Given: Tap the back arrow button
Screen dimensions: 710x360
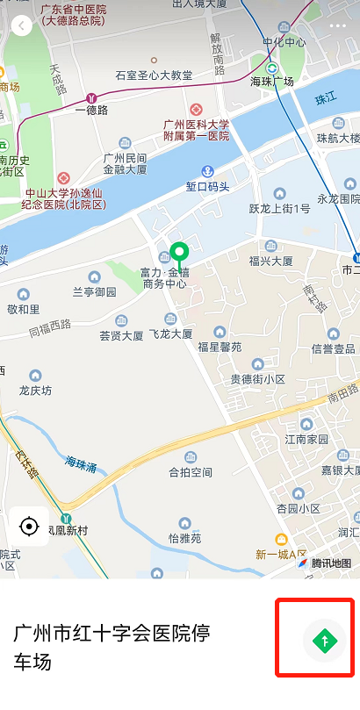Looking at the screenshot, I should click(21, 25).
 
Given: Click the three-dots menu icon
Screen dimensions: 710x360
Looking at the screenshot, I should click(338, 25).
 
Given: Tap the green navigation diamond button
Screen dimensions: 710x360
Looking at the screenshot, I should click(324, 640).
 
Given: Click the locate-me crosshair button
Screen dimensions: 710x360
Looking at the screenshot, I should click(29, 527).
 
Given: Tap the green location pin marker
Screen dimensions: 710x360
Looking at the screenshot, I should click(180, 255).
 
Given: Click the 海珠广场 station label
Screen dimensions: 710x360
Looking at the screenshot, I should click(271, 82).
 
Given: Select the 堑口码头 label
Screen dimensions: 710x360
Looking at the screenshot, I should click(208, 186).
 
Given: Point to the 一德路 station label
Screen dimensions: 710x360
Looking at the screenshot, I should click(91, 111).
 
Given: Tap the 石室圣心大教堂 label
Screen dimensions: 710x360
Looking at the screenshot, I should click(154, 75).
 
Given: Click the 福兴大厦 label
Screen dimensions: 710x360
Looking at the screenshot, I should click(270, 261).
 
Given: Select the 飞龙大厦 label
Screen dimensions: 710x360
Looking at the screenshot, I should click(170, 334).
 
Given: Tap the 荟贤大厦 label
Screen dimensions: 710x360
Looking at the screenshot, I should click(121, 335).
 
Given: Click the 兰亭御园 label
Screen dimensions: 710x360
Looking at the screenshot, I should click(94, 291).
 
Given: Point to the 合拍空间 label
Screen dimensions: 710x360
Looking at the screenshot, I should click(191, 472).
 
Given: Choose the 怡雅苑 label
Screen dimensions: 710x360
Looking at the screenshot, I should click(185, 537).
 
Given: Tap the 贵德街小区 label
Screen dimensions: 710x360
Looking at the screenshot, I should click(257, 378).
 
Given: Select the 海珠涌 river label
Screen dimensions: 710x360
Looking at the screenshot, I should click(82, 461).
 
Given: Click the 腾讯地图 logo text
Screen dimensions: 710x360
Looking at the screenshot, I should click(330, 563).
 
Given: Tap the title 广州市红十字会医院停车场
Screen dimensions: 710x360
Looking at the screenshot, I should click(112, 647).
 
